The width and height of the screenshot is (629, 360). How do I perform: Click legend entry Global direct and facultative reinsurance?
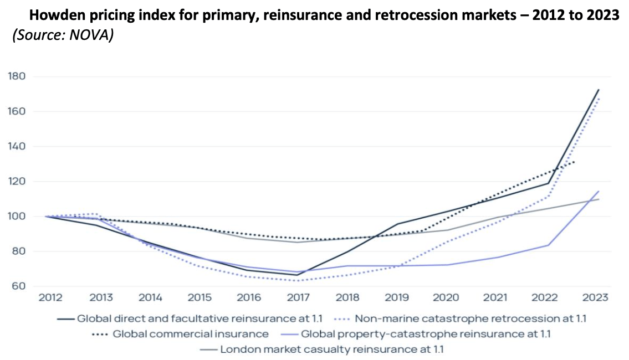pos(199,318)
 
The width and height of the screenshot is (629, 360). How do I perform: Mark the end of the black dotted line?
pos(575,161)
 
